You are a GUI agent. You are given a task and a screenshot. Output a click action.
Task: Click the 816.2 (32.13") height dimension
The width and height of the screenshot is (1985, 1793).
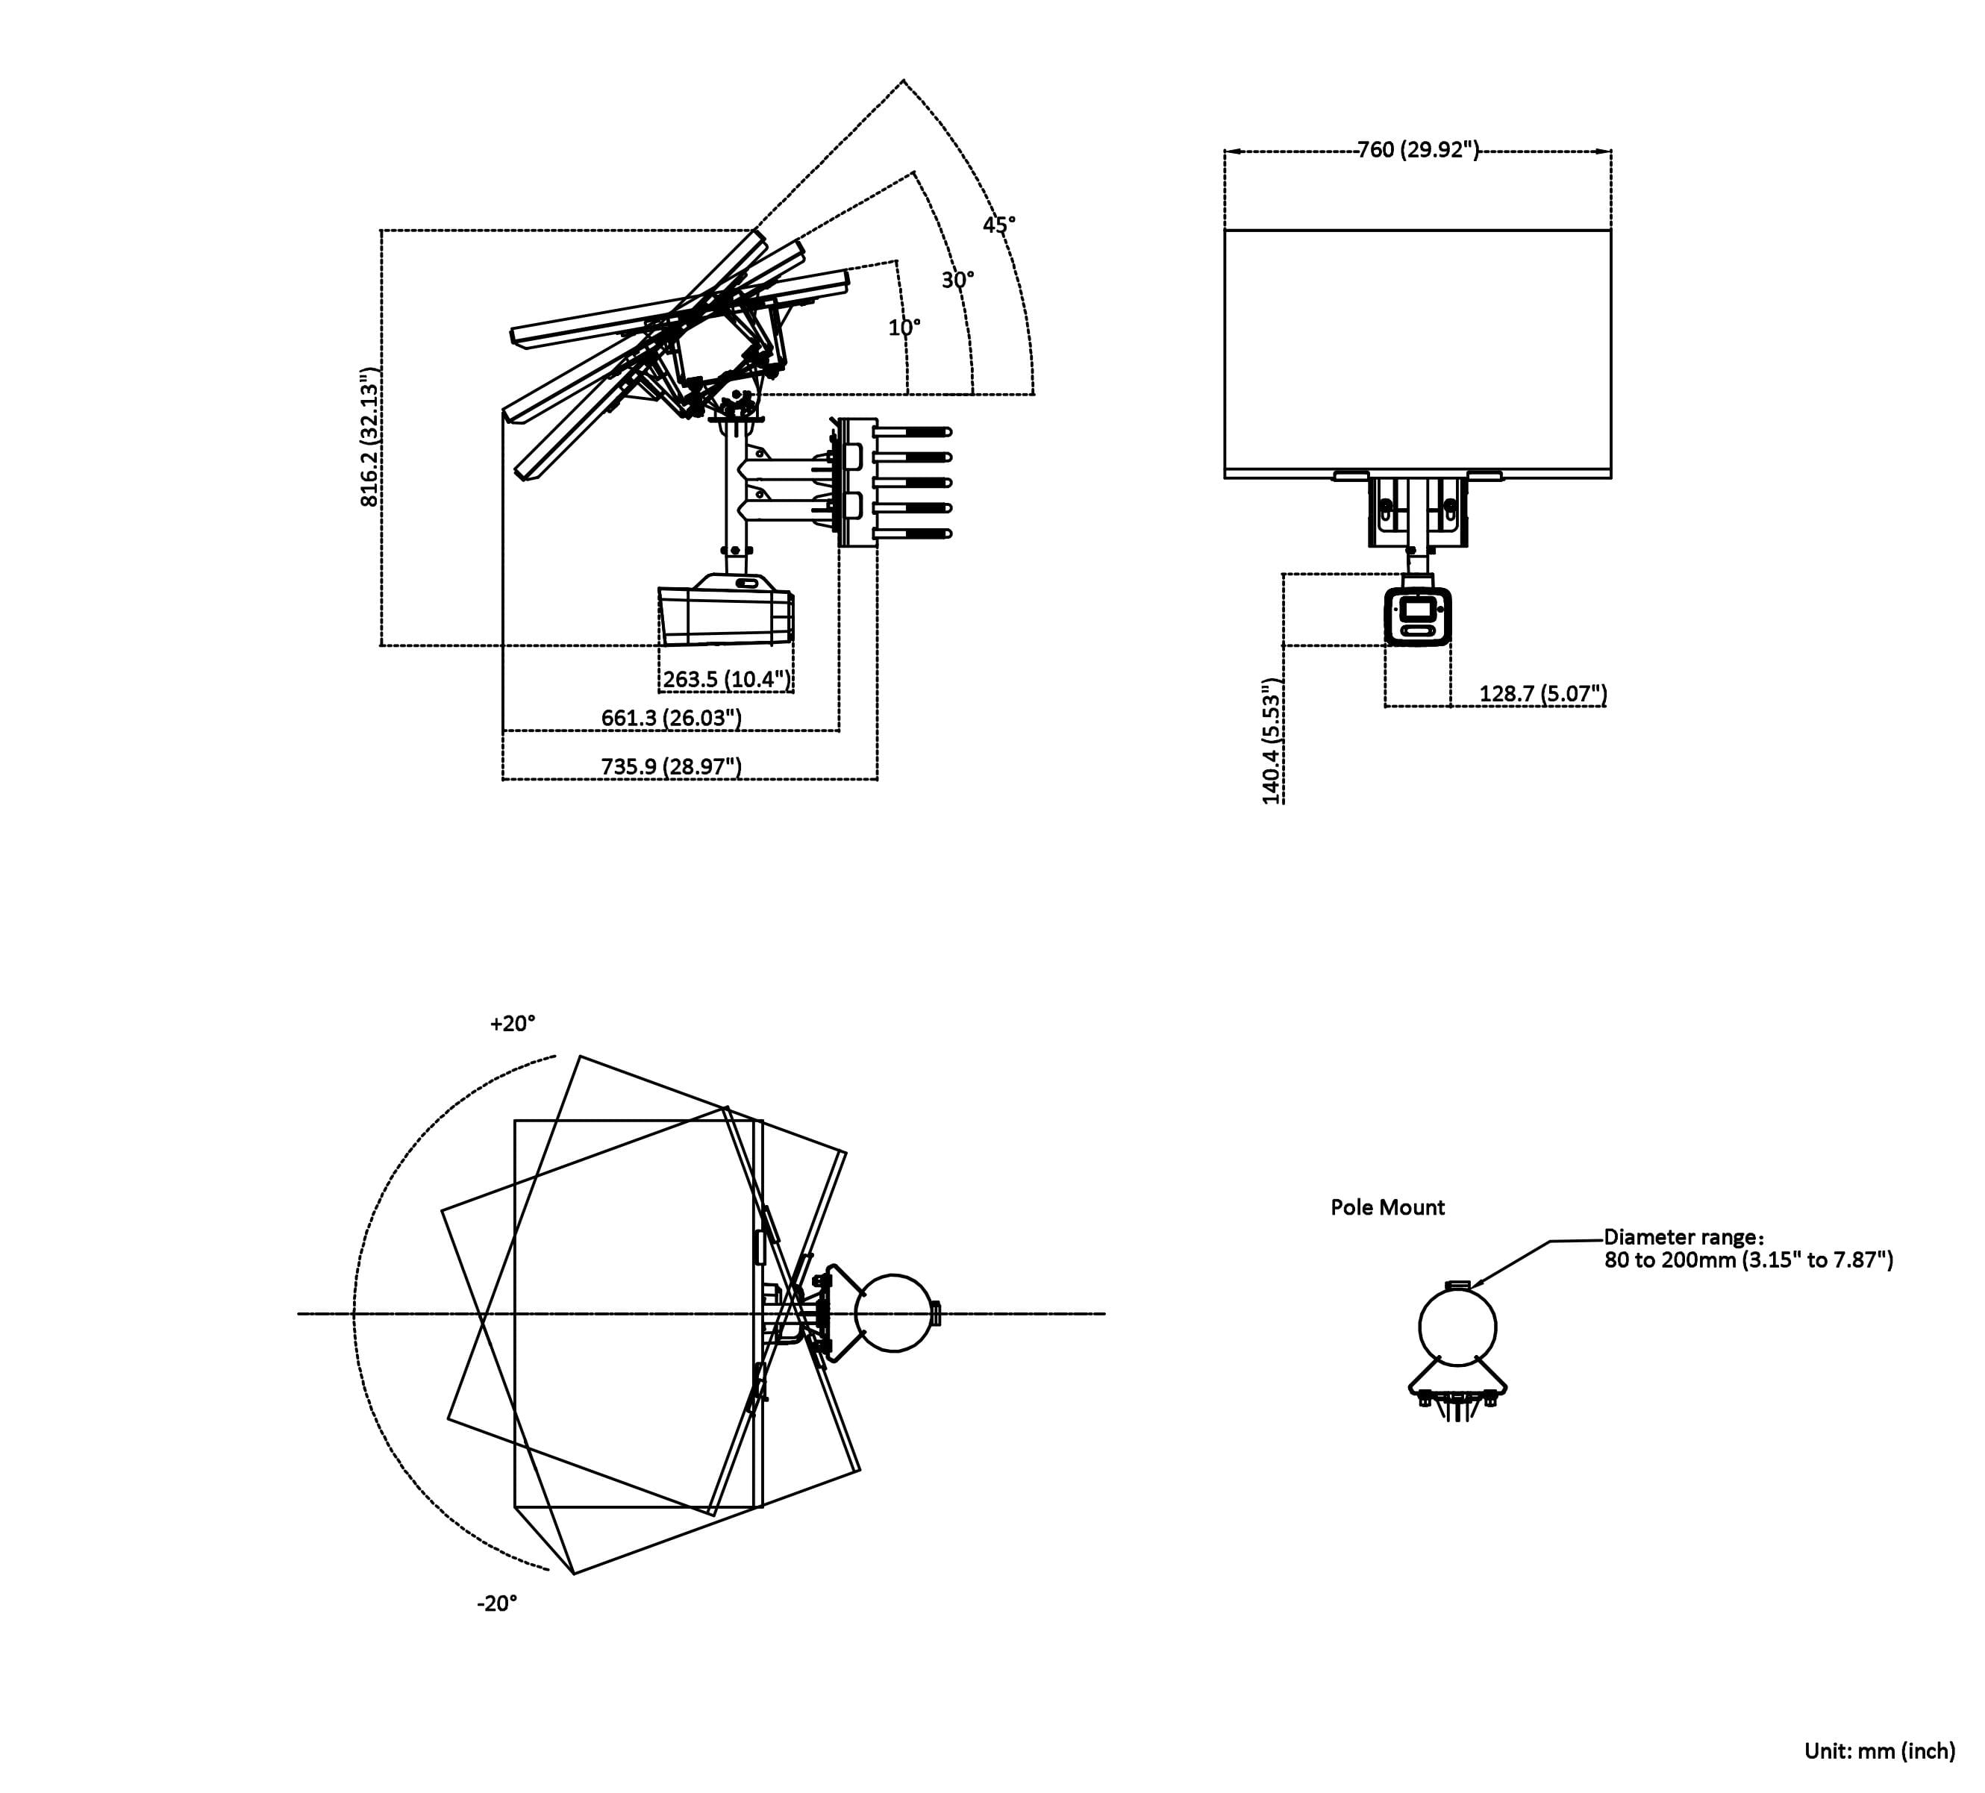[369, 438]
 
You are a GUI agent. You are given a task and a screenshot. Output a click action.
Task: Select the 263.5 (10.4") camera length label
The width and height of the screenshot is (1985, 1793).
[725, 680]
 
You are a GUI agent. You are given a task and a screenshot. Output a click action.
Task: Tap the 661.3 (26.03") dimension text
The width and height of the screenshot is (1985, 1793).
[671, 718]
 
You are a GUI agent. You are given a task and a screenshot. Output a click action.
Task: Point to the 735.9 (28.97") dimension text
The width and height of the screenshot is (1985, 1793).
[671, 766]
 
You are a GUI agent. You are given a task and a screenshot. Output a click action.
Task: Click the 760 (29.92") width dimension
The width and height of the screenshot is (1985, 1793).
[1418, 150]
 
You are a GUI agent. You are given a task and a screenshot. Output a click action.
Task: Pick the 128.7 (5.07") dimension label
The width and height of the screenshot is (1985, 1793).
[1542, 693]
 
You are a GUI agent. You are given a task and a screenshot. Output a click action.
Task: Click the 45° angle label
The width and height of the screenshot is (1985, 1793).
[998, 225]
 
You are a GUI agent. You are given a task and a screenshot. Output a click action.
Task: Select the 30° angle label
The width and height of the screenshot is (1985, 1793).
[957, 281]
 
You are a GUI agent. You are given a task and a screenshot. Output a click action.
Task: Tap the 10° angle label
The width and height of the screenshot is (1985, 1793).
[904, 328]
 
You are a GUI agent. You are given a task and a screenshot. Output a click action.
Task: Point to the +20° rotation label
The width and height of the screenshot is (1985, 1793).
[512, 1024]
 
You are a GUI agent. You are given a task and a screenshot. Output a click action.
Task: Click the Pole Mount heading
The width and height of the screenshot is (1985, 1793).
[1387, 1207]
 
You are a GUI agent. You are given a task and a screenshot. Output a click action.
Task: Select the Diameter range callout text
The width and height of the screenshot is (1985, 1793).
[1748, 1248]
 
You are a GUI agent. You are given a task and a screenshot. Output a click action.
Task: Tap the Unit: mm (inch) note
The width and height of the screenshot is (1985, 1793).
[1879, 1750]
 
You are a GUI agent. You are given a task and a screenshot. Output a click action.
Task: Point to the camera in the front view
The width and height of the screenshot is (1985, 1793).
[1417, 616]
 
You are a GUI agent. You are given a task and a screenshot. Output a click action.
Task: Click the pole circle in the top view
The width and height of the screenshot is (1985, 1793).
[893, 1313]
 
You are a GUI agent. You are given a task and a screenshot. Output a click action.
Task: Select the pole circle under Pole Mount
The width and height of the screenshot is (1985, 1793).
[1457, 1328]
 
